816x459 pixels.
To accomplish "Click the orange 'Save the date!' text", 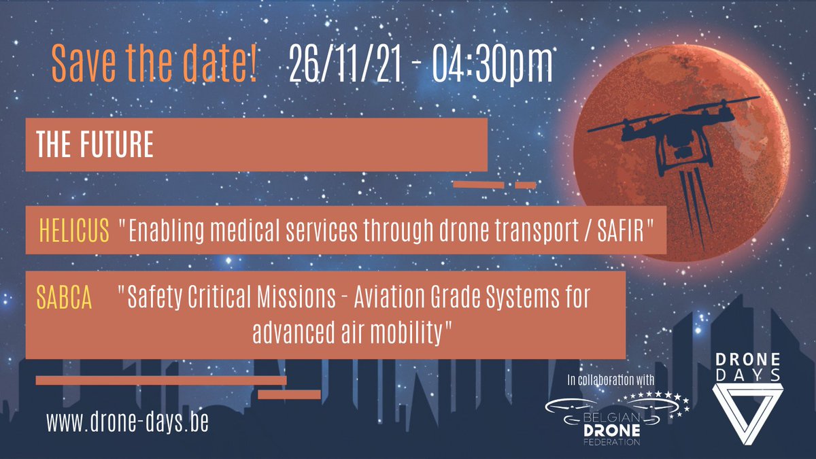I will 154,64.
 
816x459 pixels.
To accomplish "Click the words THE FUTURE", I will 95,146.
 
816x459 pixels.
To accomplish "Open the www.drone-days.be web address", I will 127,422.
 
